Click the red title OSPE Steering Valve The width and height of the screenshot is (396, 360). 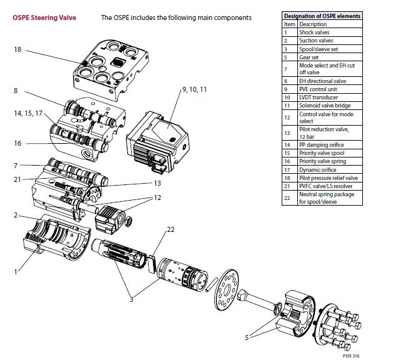point(44,17)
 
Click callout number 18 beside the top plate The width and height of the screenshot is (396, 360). point(17,49)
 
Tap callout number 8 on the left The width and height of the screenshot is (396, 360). point(15,91)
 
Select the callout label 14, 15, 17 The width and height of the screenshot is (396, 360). point(27,113)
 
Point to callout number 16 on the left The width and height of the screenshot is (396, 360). point(17,143)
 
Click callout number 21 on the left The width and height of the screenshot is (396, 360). point(17,179)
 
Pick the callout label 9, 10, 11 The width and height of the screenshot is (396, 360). point(194,90)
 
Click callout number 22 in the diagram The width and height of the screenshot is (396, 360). point(171,229)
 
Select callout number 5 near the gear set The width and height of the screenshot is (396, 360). point(247,337)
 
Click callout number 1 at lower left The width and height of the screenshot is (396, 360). point(16,272)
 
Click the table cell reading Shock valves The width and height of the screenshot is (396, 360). point(314,32)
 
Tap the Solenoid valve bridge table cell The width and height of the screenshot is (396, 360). point(325,106)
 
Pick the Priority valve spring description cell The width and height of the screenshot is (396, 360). point(322,161)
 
